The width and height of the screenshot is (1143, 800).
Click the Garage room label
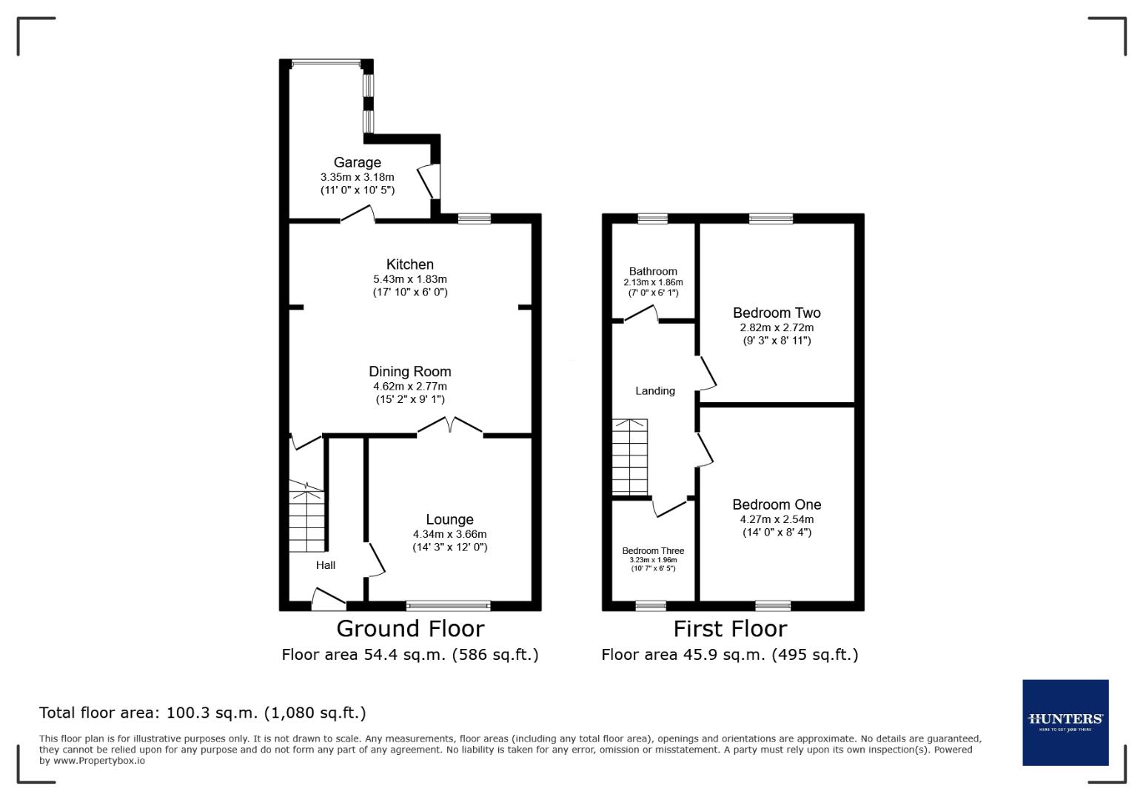pos(357,162)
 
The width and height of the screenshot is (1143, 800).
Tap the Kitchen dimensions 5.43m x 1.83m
pos(409,279)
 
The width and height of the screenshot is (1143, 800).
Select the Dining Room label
pos(409,371)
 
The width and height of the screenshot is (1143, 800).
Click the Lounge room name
pos(449,519)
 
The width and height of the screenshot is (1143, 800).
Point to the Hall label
pos(326,565)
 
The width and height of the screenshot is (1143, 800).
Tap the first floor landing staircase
pos(629,457)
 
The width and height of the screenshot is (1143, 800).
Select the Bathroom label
pos(653,271)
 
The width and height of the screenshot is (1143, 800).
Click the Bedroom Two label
pos(777,313)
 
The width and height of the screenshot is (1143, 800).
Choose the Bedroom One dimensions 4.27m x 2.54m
pos(777,519)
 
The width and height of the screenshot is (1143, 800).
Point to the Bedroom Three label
pos(653,550)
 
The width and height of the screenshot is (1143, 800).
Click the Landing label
pos(655,390)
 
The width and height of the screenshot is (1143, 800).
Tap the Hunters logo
pos(1065,722)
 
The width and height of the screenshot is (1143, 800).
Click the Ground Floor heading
pos(410,629)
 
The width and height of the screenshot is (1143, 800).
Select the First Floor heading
pos(729,629)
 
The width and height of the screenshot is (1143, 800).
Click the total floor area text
pos(202,713)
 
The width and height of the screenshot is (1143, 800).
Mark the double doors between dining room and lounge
pos(450,427)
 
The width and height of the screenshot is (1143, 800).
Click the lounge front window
pos(448,606)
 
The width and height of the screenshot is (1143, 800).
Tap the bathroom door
pos(641,316)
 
